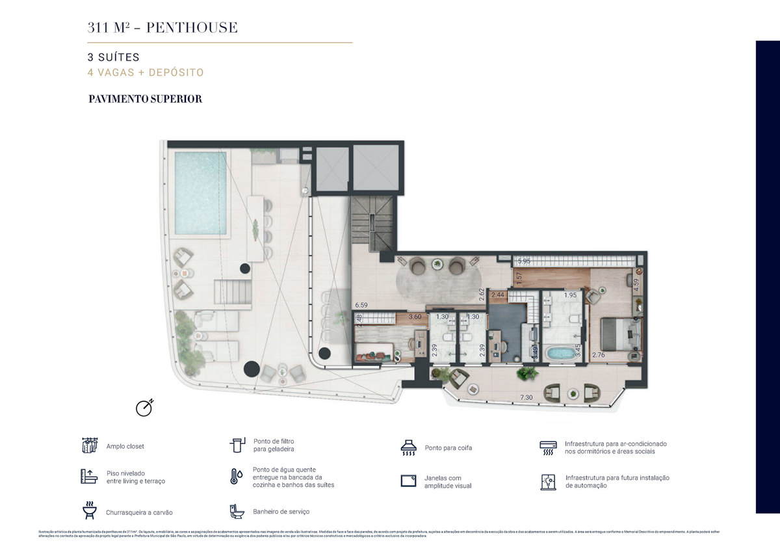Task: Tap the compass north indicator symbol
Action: (x=144, y=407)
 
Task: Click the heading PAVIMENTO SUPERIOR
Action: (x=146, y=99)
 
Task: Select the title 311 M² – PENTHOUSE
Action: (x=162, y=27)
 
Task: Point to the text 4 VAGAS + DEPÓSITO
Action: (x=146, y=73)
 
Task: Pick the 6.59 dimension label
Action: (x=361, y=304)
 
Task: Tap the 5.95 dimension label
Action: (x=525, y=261)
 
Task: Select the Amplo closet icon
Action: (x=89, y=445)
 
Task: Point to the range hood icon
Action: (x=408, y=447)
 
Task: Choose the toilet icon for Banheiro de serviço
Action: (x=237, y=511)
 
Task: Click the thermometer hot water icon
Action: (x=235, y=476)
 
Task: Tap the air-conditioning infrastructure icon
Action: (x=548, y=447)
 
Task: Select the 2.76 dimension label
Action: (x=598, y=355)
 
